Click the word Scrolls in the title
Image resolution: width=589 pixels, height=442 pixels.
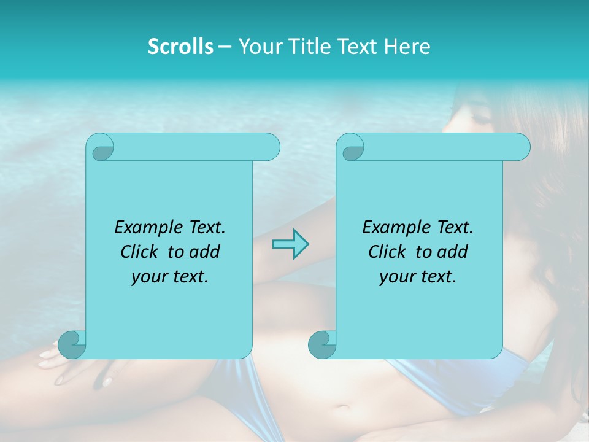[180, 47]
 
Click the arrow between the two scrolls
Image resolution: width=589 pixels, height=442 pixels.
[290, 244]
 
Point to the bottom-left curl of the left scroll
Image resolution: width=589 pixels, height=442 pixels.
[72, 344]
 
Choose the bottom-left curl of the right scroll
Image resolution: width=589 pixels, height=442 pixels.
[322, 344]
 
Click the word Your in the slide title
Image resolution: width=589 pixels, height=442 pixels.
[257, 47]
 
